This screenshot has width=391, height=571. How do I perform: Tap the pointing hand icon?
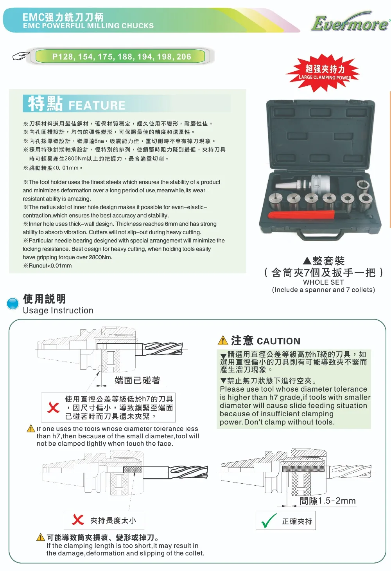(x=21, y=56)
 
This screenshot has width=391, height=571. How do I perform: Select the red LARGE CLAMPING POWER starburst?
(x=323, y=73)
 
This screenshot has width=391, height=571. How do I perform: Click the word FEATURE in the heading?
(x=97, y=105)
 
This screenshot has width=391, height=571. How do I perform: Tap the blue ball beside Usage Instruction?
(x=13, y=304)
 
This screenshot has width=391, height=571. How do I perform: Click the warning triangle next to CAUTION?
(x=223, y=340)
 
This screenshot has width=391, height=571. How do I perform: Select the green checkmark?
(x=269, y=520)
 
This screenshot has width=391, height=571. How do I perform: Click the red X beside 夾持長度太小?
(x=78, y=520)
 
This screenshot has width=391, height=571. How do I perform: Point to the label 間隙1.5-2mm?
(x=328, y=501)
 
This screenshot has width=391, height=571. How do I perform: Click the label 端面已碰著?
(x=138, y=380)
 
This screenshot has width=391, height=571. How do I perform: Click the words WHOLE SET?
(x=323, y=282)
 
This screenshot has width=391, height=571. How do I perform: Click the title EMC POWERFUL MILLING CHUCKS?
(x=88, y=26)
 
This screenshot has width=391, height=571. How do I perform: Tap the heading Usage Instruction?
(x=58, y=310)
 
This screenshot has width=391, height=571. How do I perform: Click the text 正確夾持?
(x=297, y=521)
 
